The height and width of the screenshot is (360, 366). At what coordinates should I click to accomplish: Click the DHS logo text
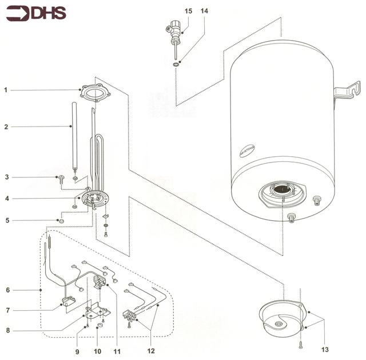49,13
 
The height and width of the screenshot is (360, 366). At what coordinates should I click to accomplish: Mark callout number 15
189,11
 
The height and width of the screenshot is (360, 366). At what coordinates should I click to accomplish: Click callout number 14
205,11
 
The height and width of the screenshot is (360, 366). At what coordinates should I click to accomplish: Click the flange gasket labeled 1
94,93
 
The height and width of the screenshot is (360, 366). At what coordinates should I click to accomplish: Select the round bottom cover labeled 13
279,321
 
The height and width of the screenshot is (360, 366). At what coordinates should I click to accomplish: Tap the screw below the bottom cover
300,346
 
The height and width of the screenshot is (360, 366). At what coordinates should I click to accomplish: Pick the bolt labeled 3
61,179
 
